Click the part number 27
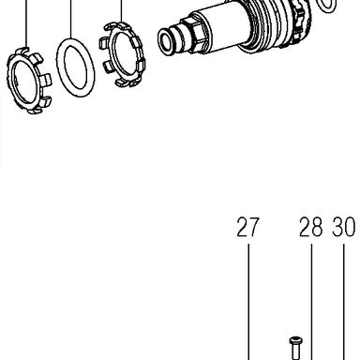(247, 227)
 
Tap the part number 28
(310, 227)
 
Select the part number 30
(343, 227)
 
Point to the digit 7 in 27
(254, 227)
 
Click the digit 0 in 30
(350, 227)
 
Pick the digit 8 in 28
(317, 227)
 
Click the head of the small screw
(294, 339)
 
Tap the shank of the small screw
(294, 352)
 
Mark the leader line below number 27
(248, 302)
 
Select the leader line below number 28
(311, 302)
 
